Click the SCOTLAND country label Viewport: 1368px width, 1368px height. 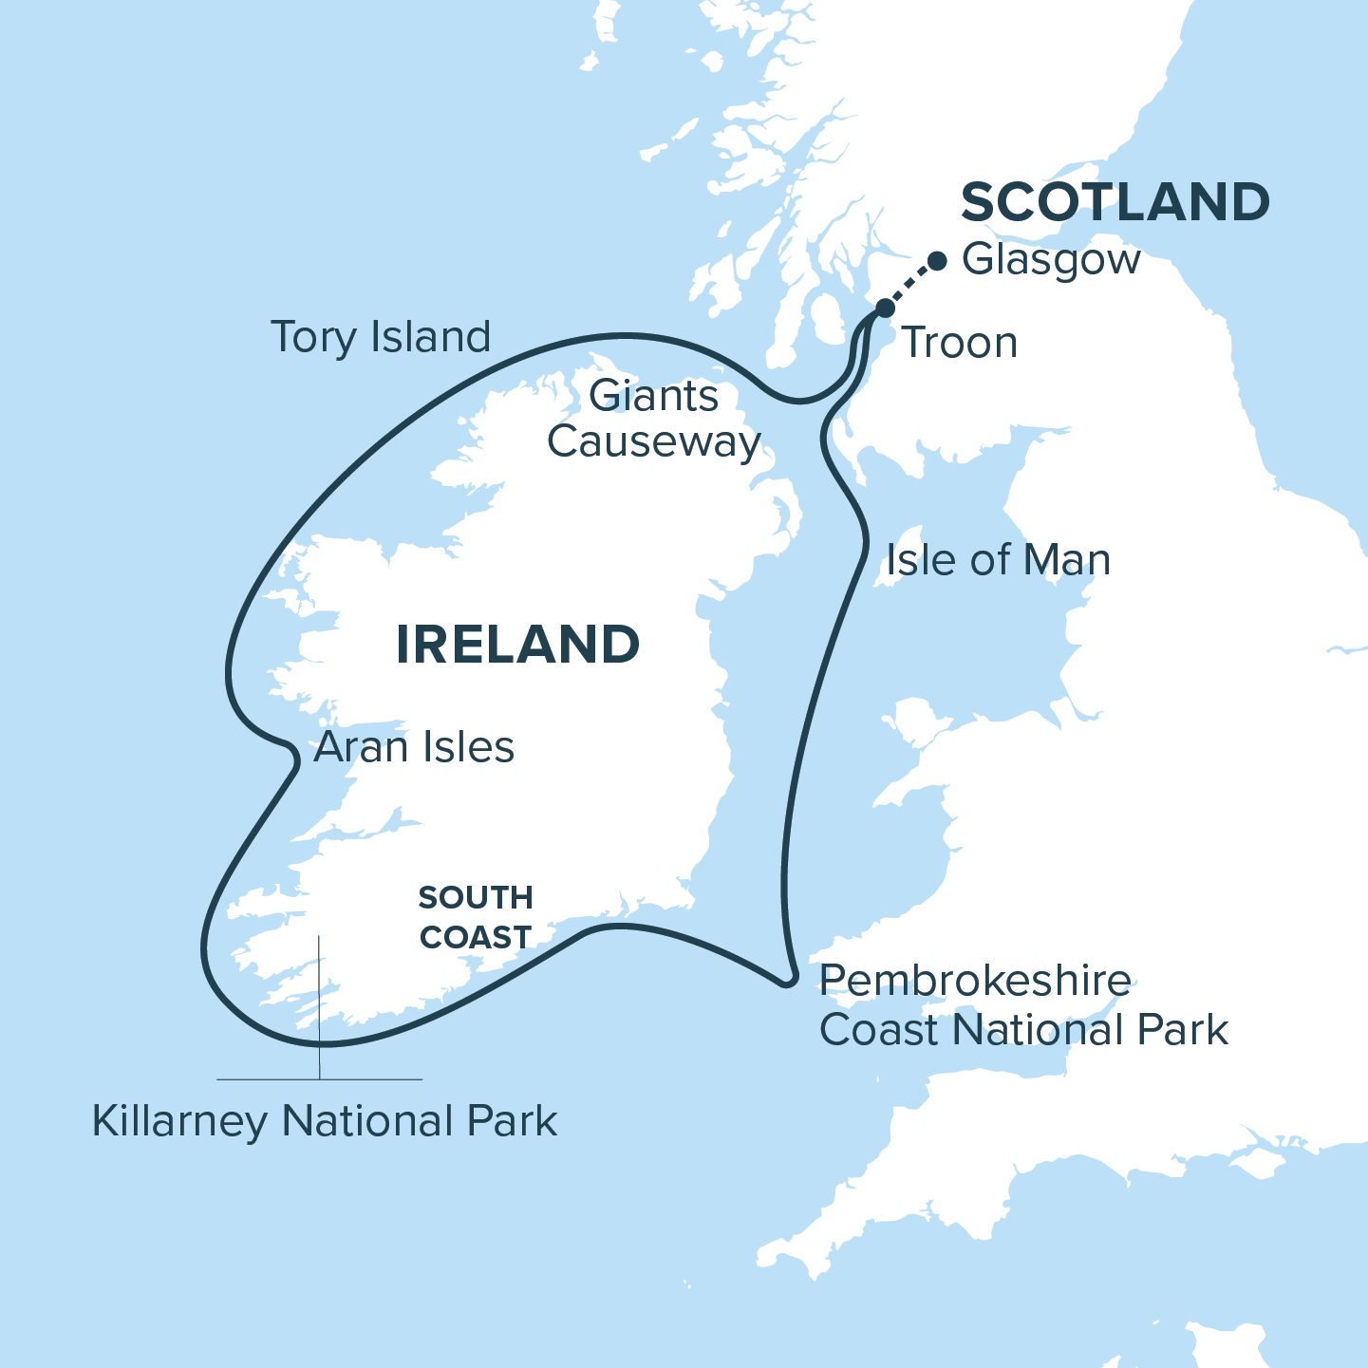[x=1115, y=202]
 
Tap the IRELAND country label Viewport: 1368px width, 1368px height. [x=517, y=645]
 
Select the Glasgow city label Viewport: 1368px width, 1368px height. [x=1051, y=259]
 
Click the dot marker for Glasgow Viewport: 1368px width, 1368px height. [x=937, y=260]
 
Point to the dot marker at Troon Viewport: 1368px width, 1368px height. [x=885, y=308]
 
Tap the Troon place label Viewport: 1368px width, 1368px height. [x=959, y=343]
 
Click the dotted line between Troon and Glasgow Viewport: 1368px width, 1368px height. [x=911, y=283]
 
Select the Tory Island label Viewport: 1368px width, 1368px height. [x=381, y=337]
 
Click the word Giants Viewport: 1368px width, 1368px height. [x=653, y=396]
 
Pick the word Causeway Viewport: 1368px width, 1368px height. [x=654, y=441]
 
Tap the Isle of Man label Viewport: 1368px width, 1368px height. [x=998, y=560]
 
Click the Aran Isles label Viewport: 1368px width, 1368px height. [x=414, y=747]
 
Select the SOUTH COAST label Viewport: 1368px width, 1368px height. [x=476, y=917]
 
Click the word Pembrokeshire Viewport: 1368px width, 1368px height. [x=975, y=981]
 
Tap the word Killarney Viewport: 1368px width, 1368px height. [x=180, y=1121]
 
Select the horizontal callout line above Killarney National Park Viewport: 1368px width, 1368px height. [x=380, y=1079]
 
